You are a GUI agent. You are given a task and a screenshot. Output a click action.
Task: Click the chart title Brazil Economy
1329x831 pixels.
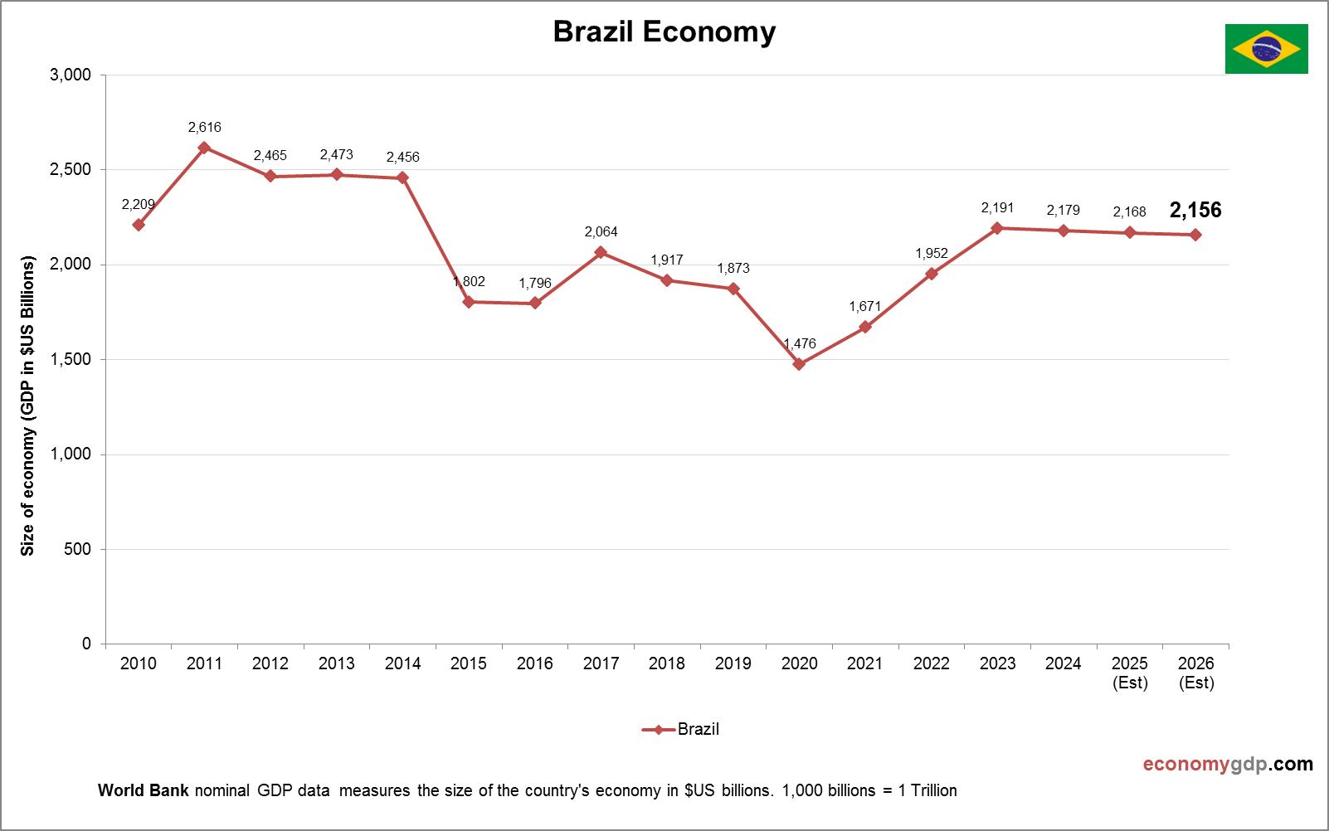[664, 32]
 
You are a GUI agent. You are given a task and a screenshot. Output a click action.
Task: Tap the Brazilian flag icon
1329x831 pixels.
[1266, 49]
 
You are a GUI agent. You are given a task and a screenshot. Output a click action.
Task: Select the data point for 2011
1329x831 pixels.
[204, 148]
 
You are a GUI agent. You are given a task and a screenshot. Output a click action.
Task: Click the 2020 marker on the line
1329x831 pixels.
[799, 364]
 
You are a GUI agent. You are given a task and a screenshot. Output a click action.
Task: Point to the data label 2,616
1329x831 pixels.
[204, 128]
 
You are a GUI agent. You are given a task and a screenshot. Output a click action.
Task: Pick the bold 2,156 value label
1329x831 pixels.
[1195, 211]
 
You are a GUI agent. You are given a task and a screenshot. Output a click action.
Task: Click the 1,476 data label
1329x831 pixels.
[800, 343]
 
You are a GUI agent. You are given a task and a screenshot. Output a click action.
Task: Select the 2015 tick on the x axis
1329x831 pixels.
[469, 663]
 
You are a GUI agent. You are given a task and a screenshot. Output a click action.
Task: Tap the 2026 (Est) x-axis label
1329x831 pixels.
[1195, 673]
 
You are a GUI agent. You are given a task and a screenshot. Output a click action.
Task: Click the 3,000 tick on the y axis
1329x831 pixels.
[71, 75]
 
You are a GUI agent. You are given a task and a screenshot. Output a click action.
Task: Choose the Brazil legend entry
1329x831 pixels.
[681, 730]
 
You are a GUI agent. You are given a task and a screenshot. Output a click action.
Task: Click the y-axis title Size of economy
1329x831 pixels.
[28, 406]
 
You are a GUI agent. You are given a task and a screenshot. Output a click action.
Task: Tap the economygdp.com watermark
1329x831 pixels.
[1228, 764]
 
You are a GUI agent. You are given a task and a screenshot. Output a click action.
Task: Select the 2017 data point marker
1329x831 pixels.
[601, 252]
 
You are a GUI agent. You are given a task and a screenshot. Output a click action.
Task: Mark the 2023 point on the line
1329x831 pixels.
[997, 228]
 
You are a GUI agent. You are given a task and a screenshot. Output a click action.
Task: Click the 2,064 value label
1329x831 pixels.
[601, 232]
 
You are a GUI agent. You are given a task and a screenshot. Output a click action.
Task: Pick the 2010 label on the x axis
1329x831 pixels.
[138, 663]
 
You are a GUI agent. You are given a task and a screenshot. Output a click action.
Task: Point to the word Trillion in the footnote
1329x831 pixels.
[933, 790]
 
